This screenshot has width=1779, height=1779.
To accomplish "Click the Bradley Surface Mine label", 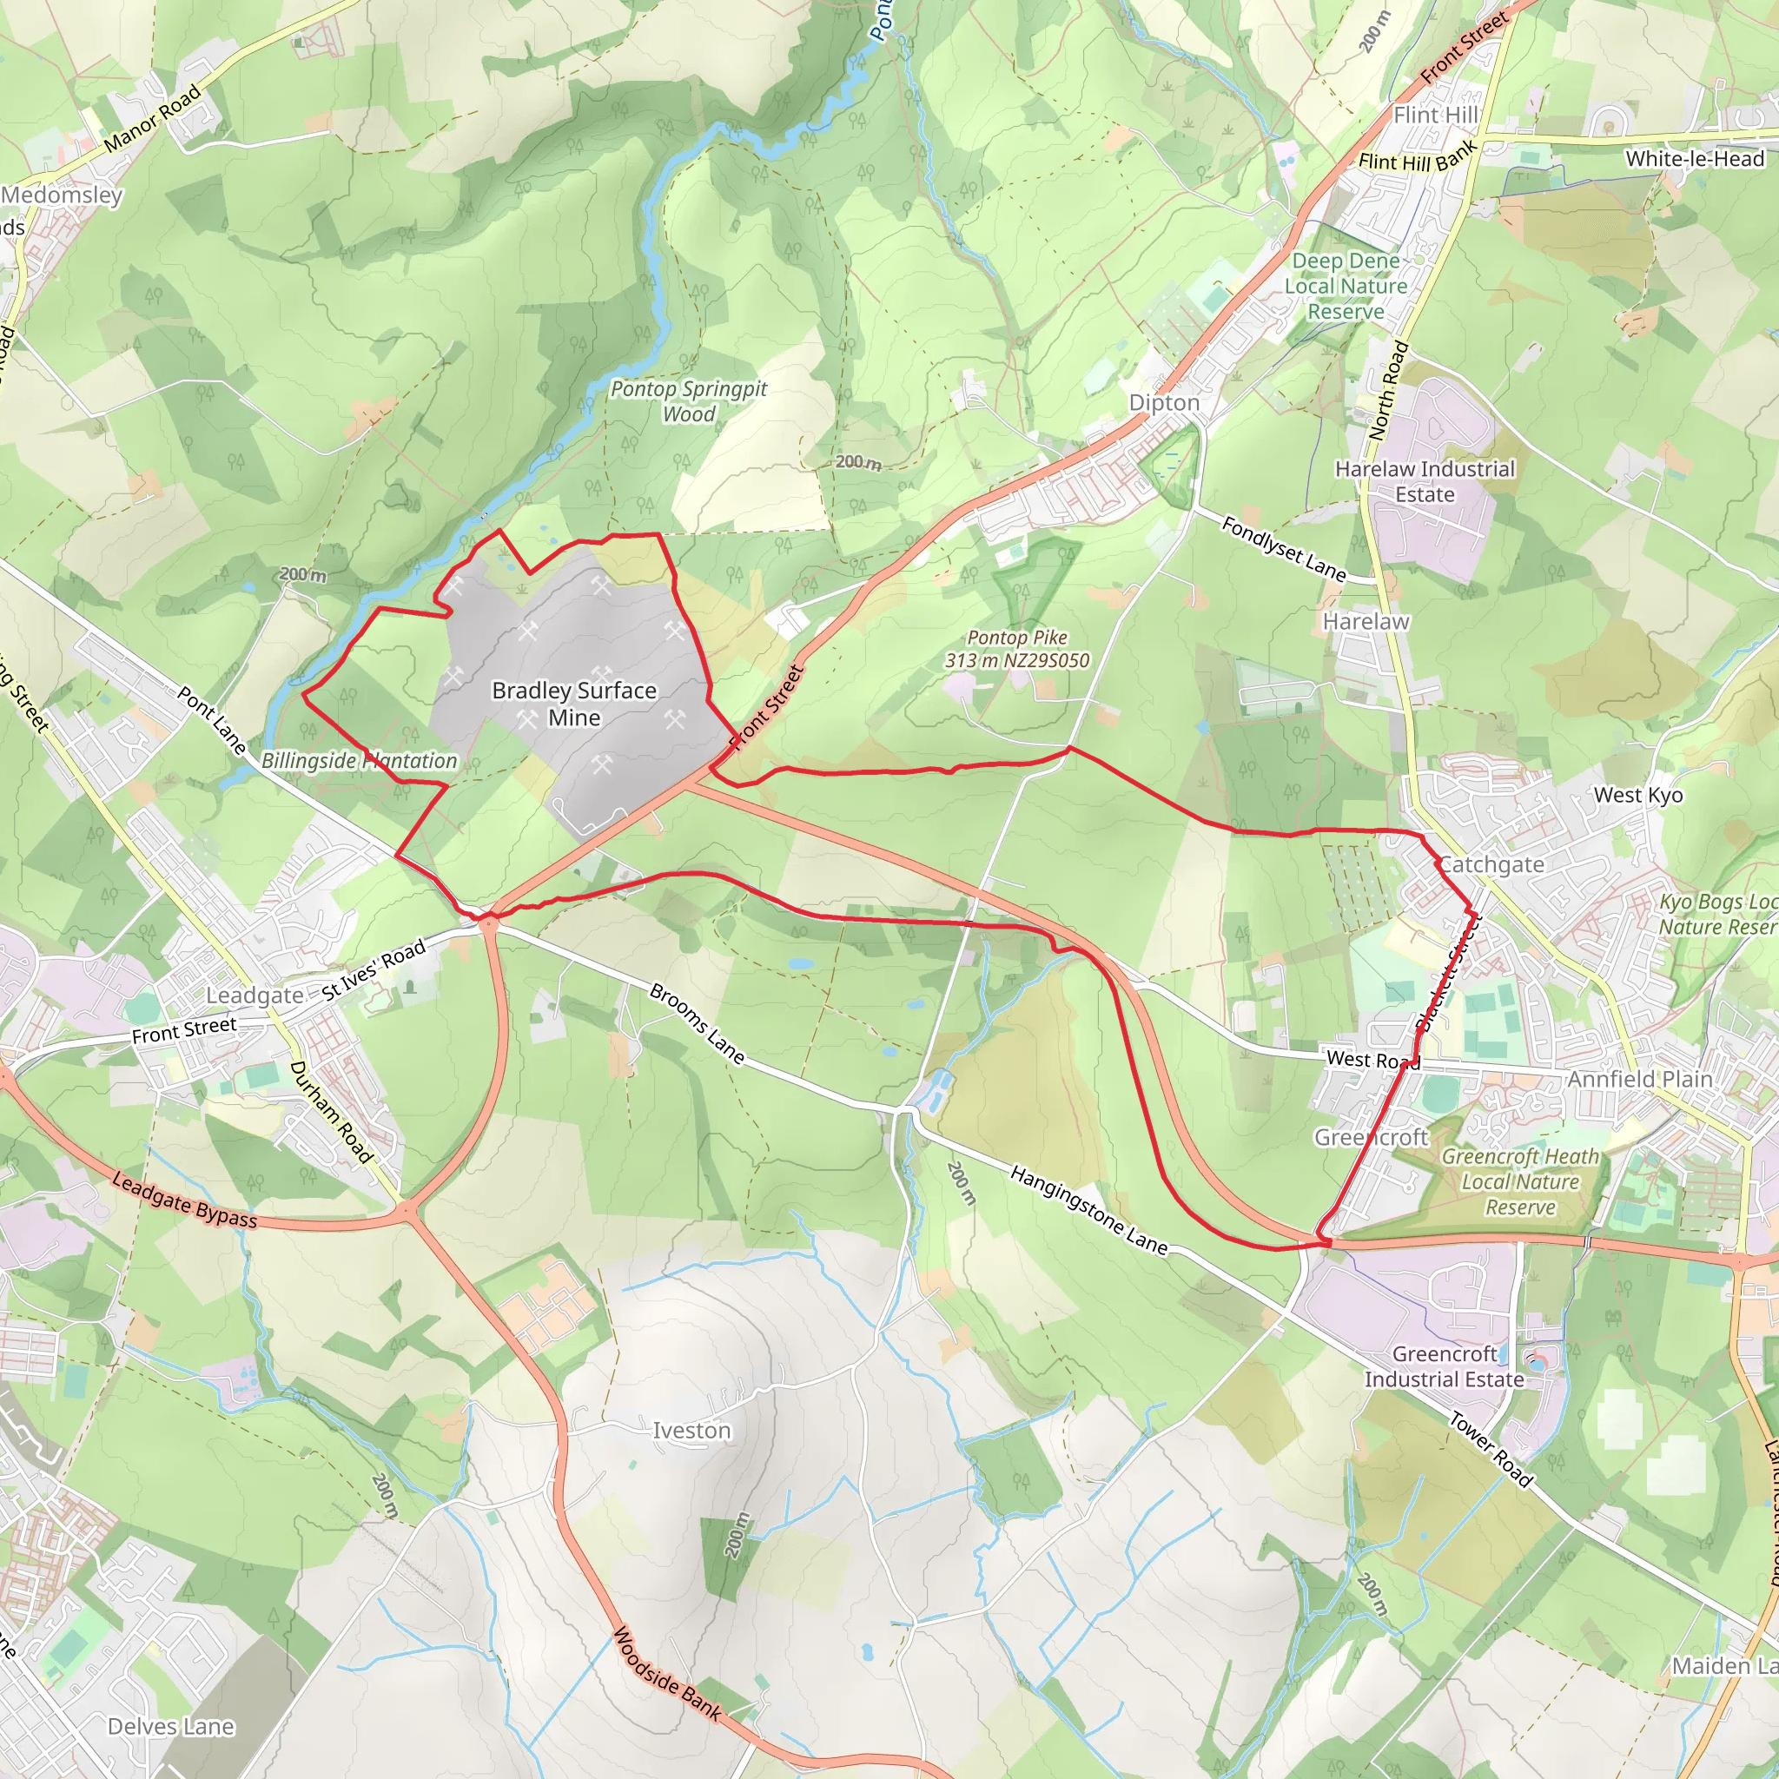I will coord(573,704).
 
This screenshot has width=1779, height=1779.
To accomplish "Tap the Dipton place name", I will coord(1164,403).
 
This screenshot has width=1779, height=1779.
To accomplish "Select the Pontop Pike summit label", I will coord(1016,649).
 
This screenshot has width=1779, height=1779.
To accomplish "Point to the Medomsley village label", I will coord(62,195).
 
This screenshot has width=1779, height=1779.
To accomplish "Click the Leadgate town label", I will coord(255,995).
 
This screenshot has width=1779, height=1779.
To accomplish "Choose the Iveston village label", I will coord(691,1430).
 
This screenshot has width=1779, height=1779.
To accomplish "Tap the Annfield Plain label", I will coord(1640,1078).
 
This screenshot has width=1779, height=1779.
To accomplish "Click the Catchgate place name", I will coord(1491,863).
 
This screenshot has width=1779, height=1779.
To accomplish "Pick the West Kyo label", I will coord(1638,795).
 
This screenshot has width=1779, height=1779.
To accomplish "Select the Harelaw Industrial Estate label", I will coord(1425,481).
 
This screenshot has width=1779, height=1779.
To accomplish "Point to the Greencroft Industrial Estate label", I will coord(1444,1366).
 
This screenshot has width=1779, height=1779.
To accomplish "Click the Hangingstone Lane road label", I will coord(1088,1210).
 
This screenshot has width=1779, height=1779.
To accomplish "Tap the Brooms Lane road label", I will coord(697,1023).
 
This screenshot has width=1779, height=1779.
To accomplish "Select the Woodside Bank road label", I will coord(666,1674).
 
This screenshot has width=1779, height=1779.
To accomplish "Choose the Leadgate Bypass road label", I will coord(184,1200).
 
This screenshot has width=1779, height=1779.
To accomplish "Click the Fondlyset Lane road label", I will coord(1284,549).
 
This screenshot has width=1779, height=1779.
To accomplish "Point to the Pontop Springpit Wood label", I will coord(689,401).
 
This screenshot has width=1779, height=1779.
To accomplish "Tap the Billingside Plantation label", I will coord(359,761).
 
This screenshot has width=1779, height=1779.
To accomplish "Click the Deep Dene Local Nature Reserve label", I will coord(1346,287).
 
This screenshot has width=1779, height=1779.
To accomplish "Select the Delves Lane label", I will coord(171,1727).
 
